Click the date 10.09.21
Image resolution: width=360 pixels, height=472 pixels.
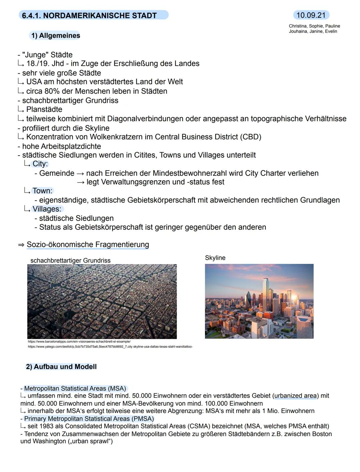tap(311, 15)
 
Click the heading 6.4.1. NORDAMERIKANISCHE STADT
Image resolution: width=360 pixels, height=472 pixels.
tap(89, 15)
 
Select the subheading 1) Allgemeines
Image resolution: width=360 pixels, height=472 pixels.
tap(55, 36)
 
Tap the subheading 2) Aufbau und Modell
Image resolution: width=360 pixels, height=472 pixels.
tap(61, 367)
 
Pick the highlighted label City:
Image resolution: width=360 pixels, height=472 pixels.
tap(40, 164)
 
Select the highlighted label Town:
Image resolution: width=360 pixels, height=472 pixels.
tap(42, 191)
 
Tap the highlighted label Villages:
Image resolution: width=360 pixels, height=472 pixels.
tap(47, 209)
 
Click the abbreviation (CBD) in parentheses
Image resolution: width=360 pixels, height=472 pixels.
tap(250, 137)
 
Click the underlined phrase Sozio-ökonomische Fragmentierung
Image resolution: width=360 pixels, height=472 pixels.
tap(88, 244)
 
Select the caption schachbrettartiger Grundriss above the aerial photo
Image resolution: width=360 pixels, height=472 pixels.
tap(70, 260)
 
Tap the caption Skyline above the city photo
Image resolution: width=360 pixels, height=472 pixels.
tap(215, 258)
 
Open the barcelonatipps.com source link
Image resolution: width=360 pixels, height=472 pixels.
tap(79, 342)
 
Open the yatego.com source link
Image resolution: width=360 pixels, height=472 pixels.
tap(110, 347)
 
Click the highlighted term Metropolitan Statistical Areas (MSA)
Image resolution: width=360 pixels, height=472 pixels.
tap(75, 389)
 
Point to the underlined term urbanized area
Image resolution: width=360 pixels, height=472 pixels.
tap(295, 396)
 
